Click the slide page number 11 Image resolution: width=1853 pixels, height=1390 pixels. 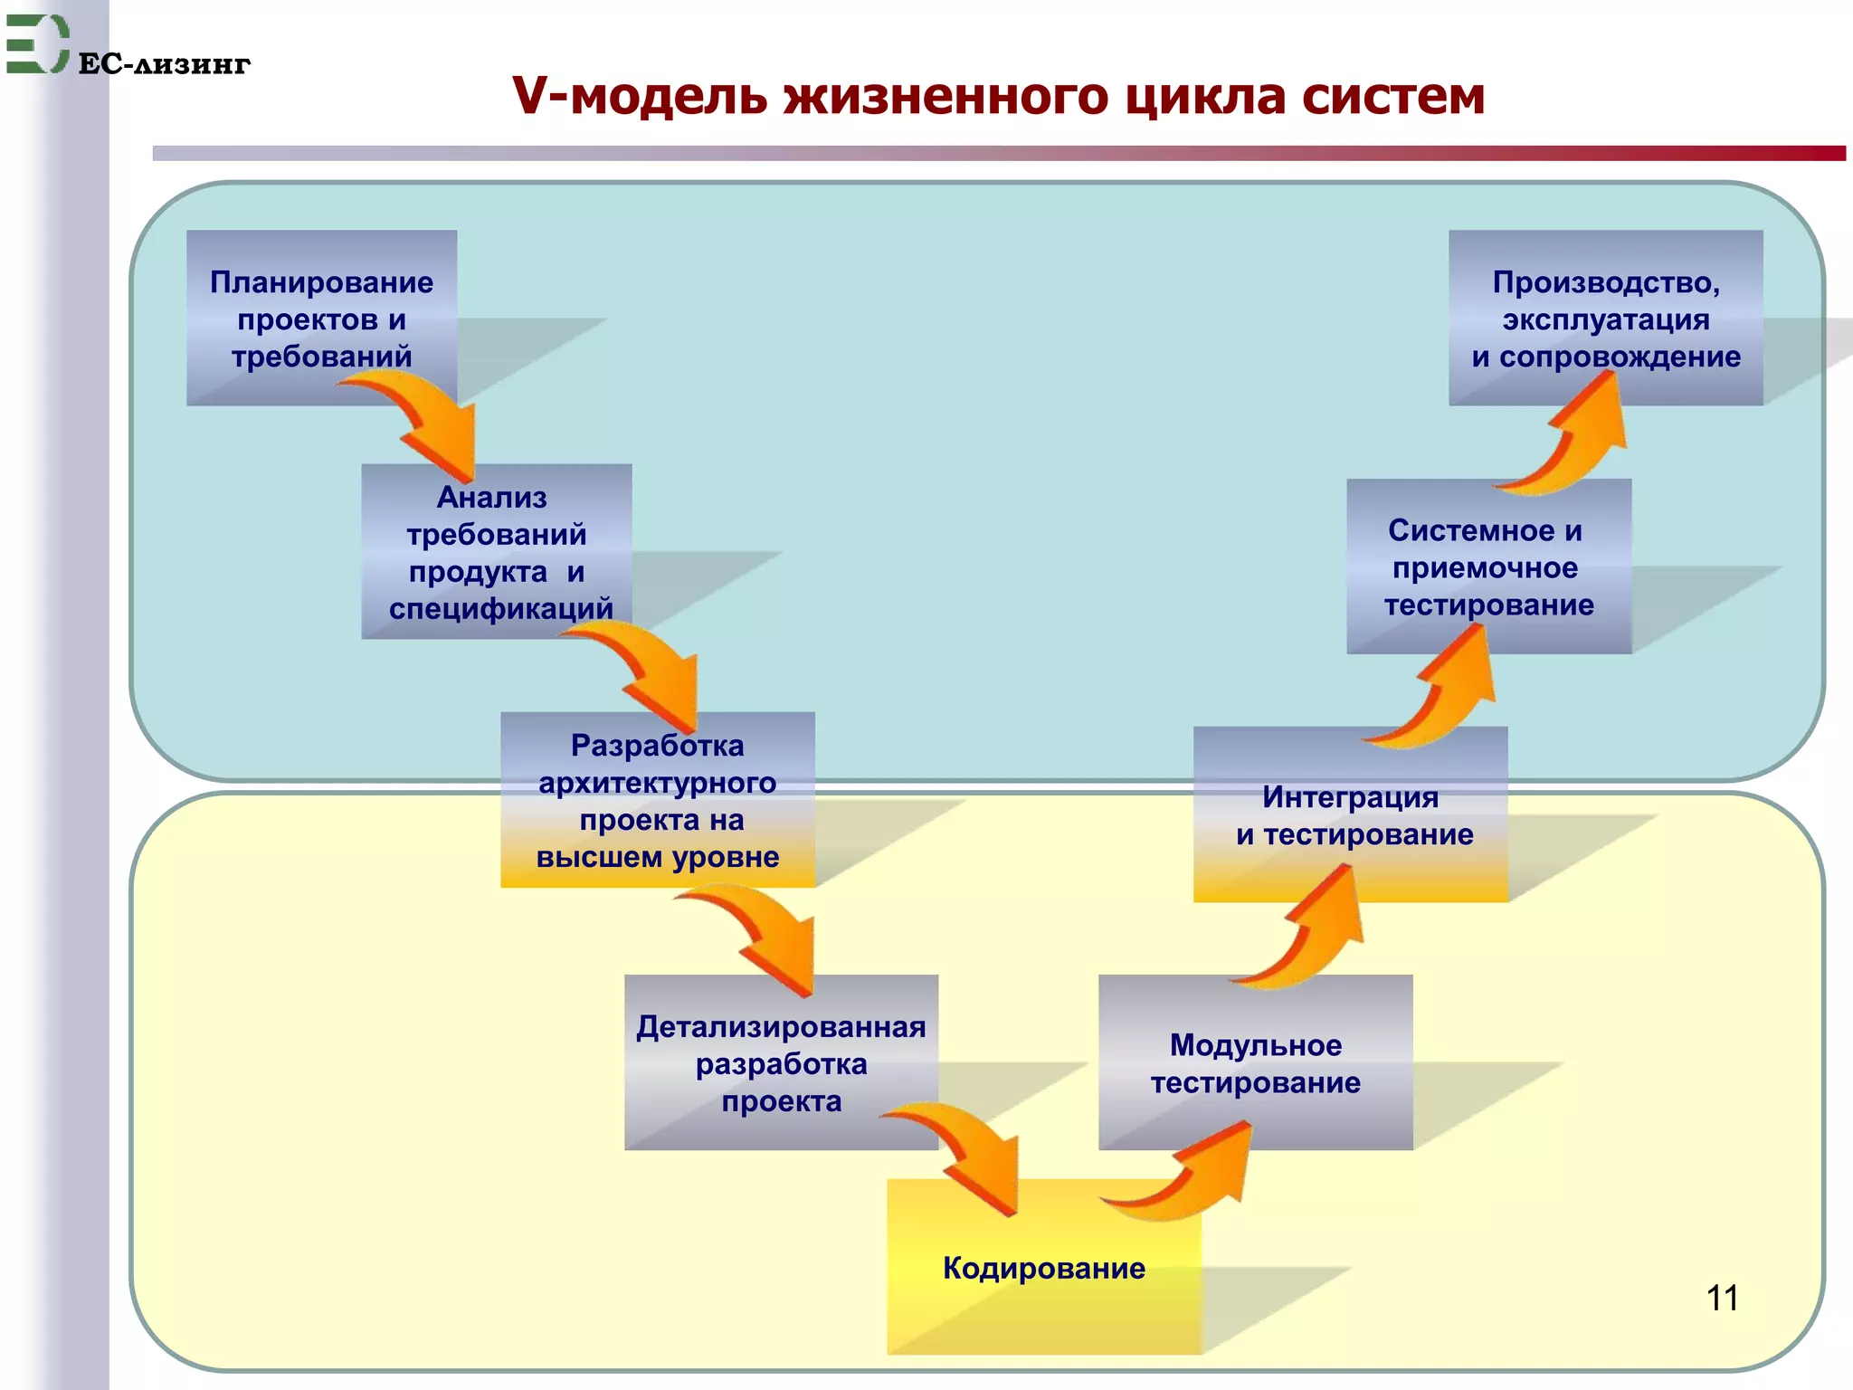point(1721,1298)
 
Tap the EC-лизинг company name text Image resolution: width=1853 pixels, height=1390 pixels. point(164,64)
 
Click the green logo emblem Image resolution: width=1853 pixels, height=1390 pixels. point(36,43)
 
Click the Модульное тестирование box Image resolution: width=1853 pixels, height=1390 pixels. point(1255,1063)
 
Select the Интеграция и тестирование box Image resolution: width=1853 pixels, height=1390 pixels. point(1350,815)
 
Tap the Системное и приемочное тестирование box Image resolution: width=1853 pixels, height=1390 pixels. point(1488,567)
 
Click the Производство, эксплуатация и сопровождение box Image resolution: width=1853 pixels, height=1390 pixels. point(1605,319)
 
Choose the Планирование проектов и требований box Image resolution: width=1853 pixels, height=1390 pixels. point(321,319)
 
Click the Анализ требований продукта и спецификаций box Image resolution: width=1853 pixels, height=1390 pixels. point(496,553)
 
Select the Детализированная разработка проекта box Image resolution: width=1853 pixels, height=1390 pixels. point(781,1063)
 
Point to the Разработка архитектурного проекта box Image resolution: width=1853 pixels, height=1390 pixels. point(657,801)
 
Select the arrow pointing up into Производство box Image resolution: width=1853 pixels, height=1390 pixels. point(1574,434)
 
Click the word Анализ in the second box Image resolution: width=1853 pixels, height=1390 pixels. point(492,498)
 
